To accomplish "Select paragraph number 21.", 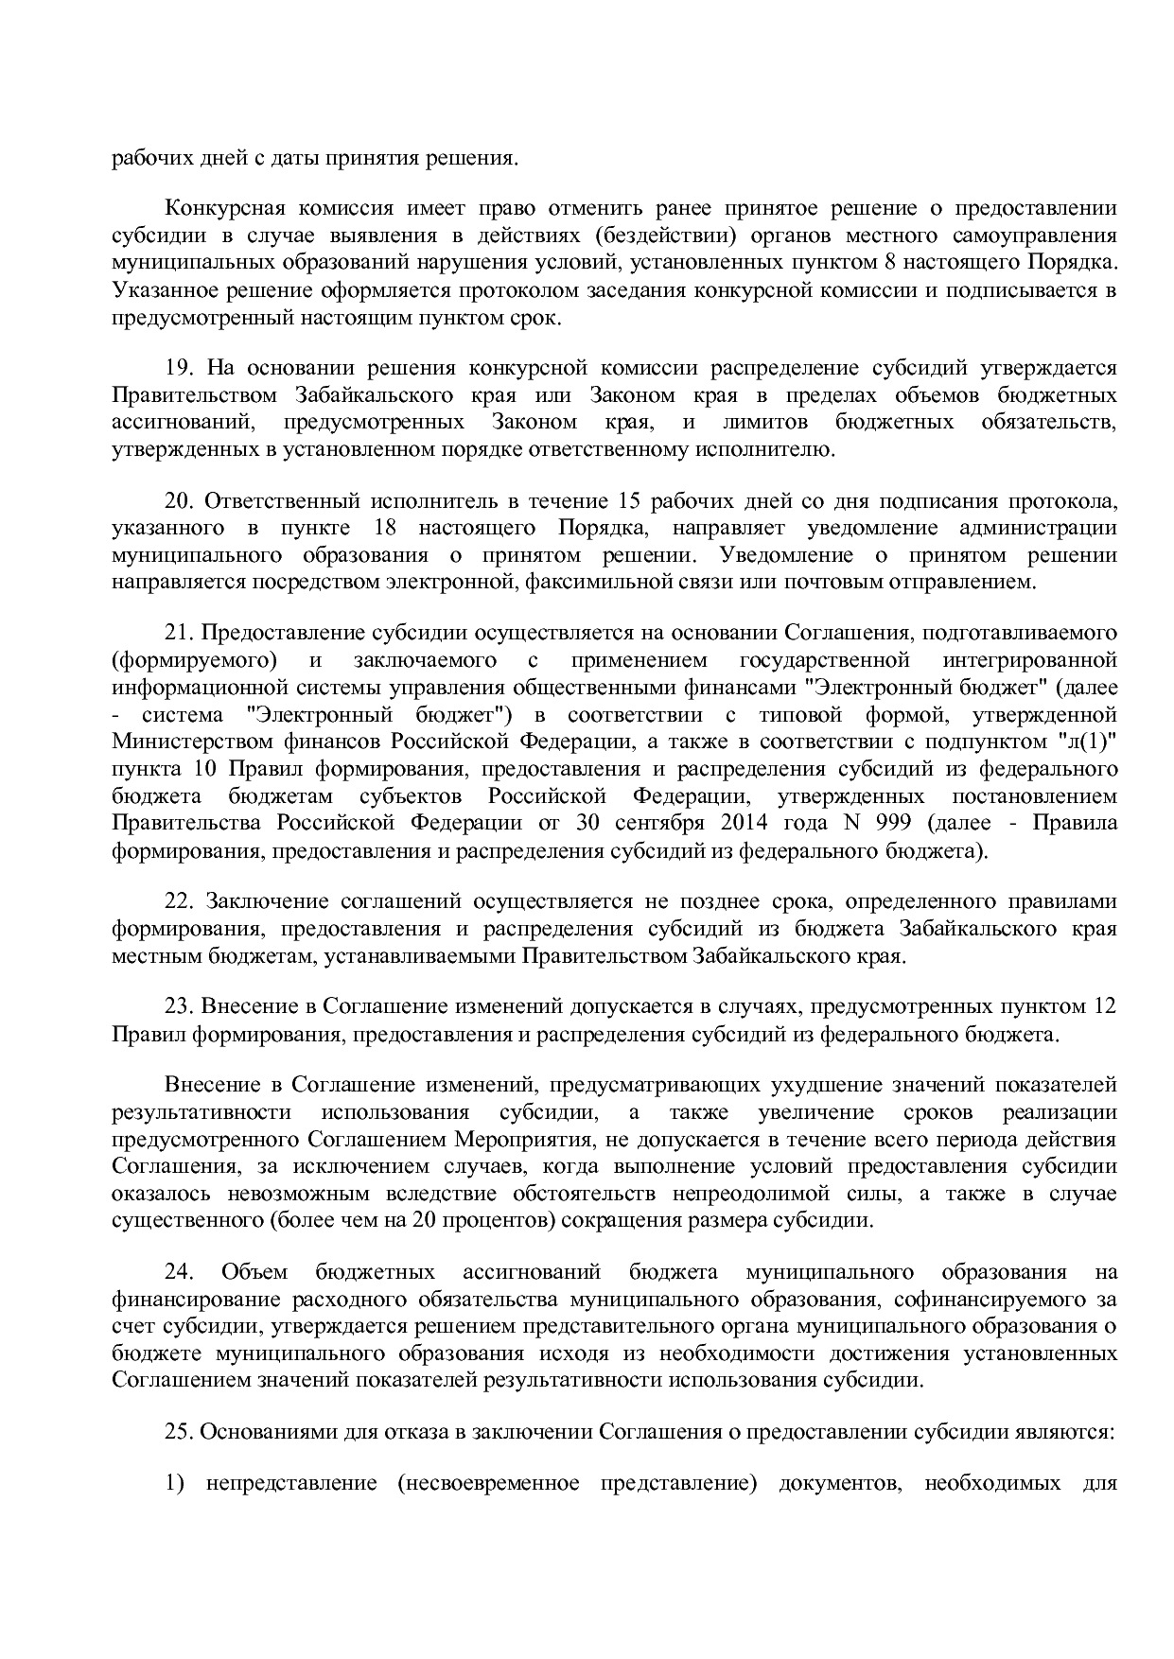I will [179, 632].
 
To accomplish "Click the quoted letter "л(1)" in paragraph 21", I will [1087, 742].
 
